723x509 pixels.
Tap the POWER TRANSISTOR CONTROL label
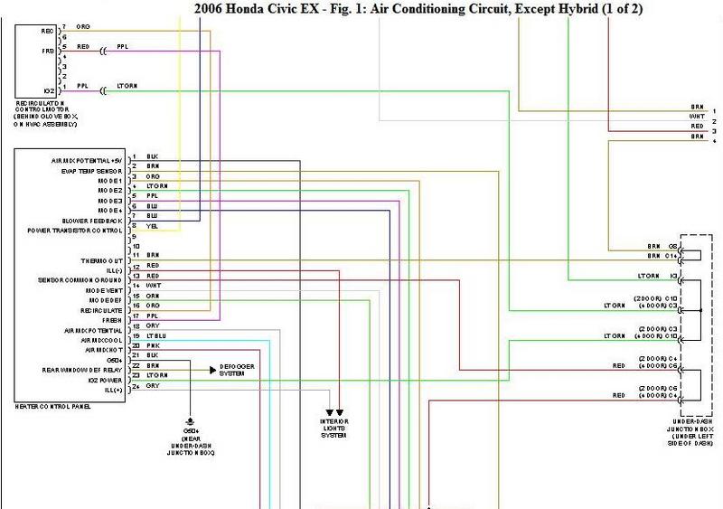click(80, 231)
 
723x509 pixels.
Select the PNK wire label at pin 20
click(151, 345)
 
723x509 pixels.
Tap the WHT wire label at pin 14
click(153, 285)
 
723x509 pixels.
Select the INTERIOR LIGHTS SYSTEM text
click(334, 428)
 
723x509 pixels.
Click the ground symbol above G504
click(190, 422)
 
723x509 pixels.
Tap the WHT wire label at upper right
click(697, 117)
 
